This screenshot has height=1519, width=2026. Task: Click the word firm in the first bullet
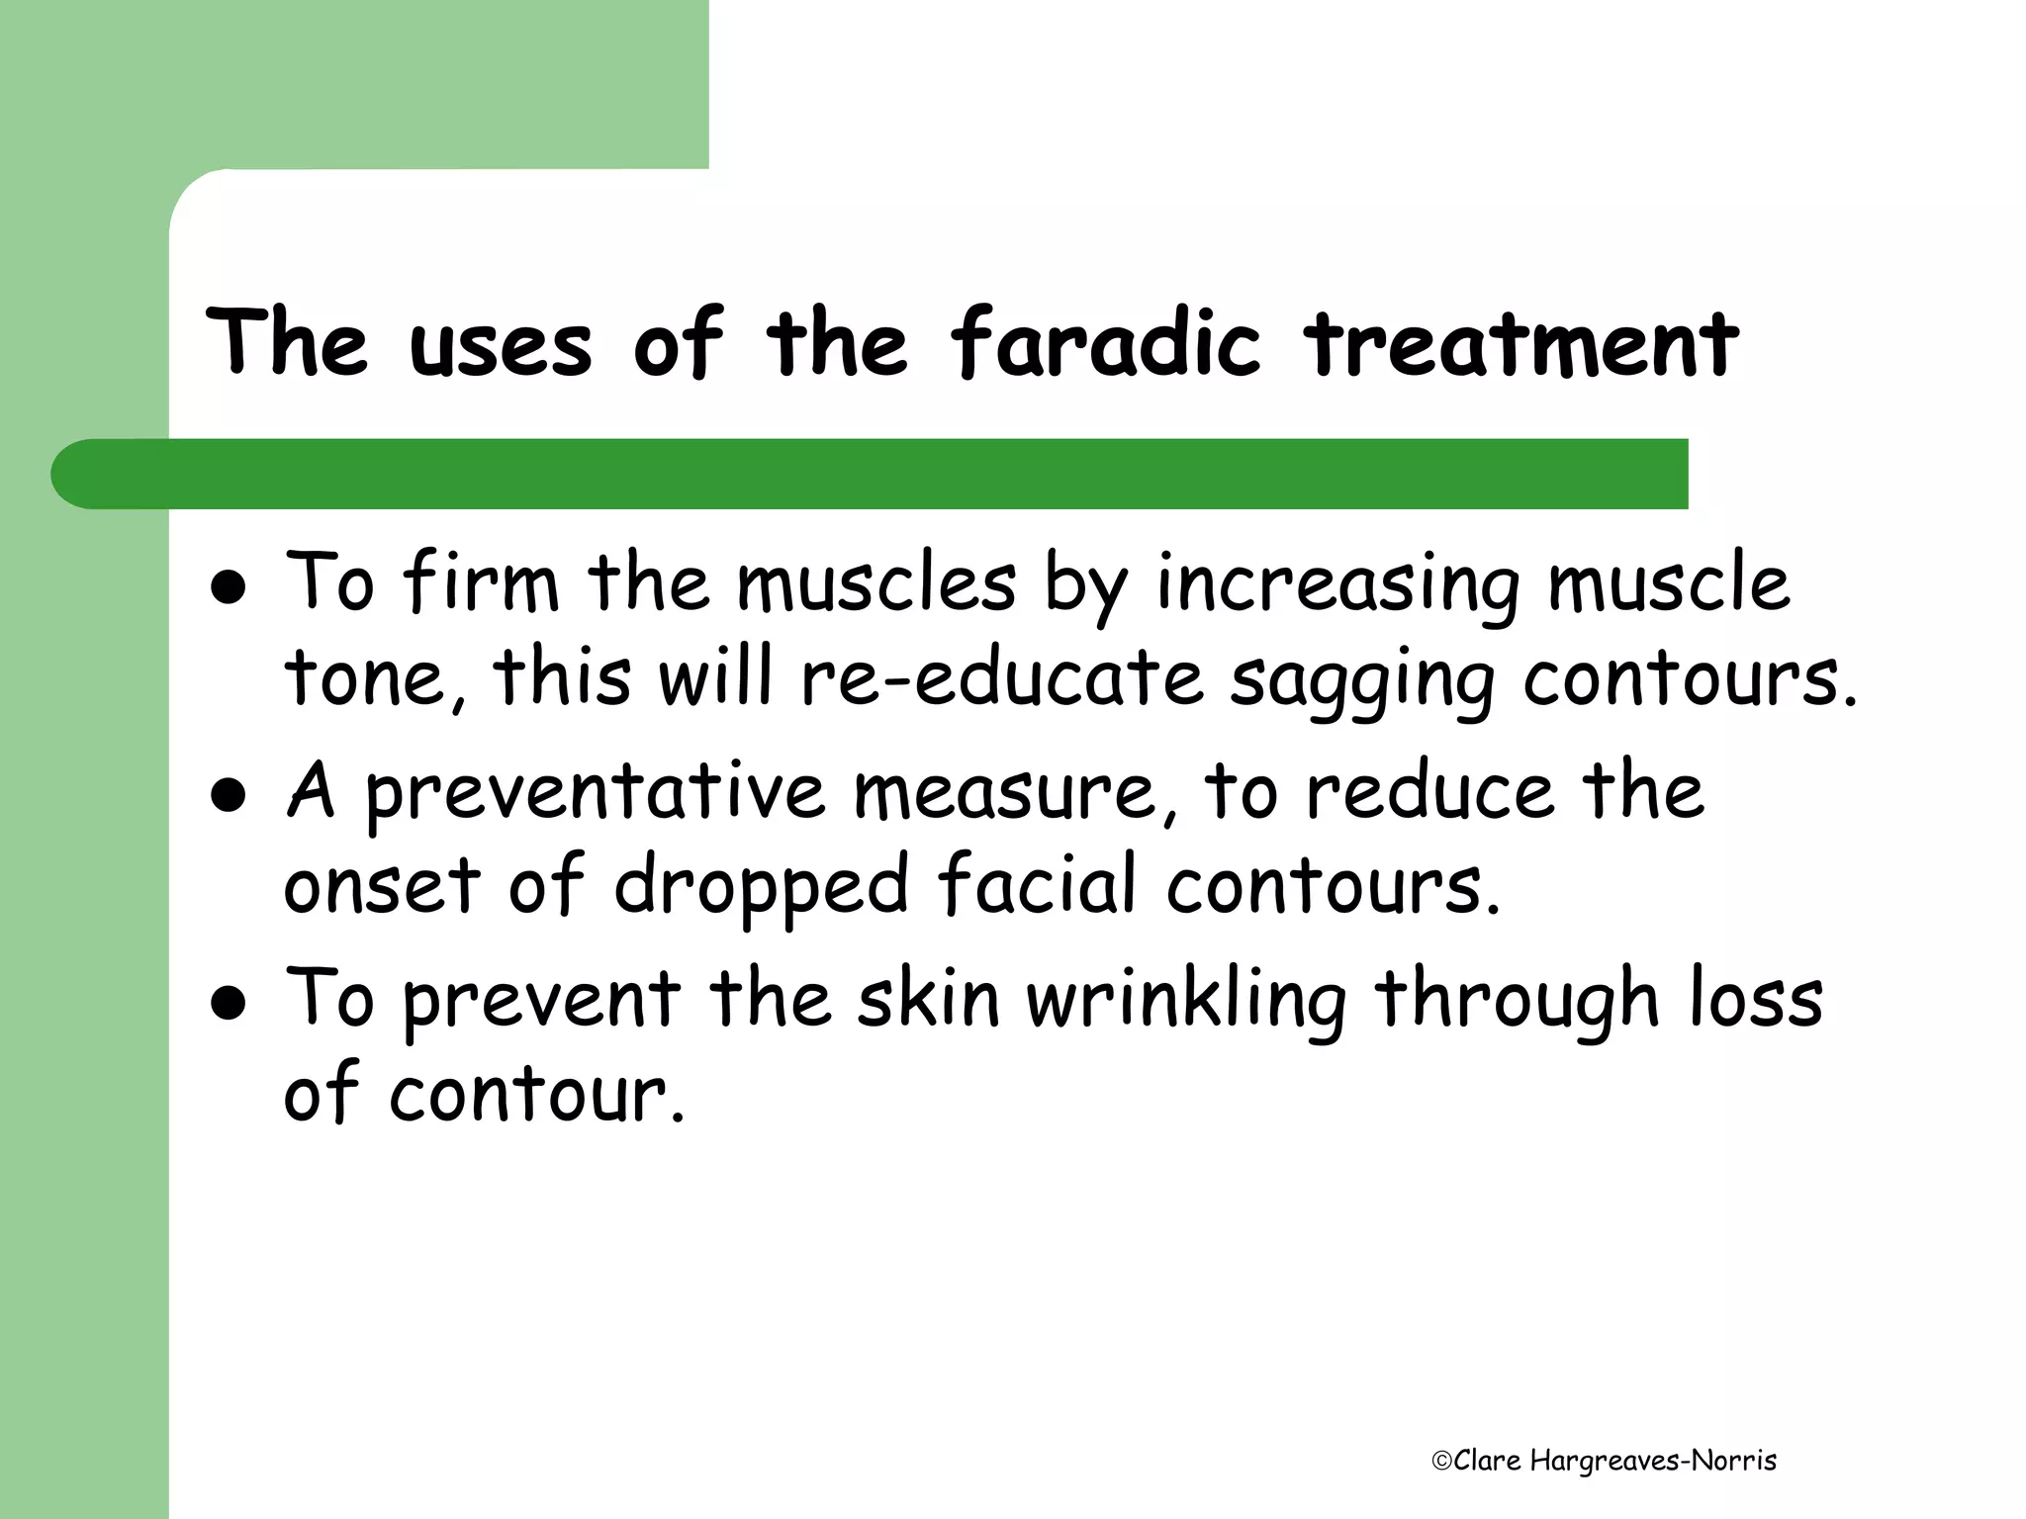click(x=482, y=583)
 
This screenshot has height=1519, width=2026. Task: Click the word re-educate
click(x=1001, y=679)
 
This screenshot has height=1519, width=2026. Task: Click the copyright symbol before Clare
click(x=1441, y=1461)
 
